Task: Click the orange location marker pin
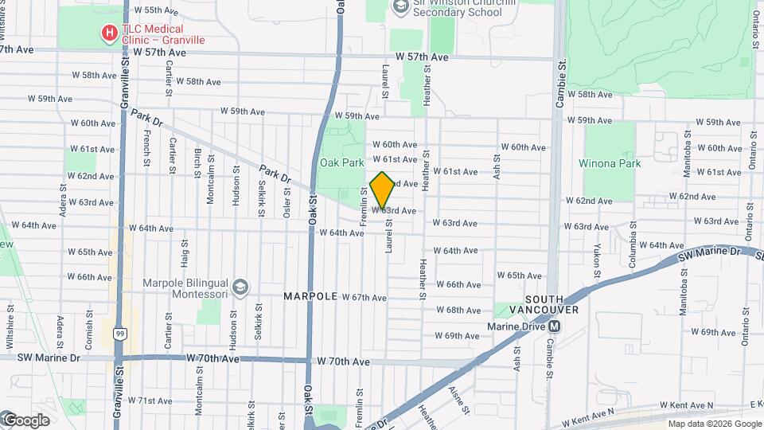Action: point(383,190)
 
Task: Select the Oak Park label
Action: point(341,162)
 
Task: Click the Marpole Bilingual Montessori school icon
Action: point(239,285)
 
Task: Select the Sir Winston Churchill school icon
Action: point(400,7)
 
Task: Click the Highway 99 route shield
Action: point(119,332)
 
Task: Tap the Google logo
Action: point(25,420)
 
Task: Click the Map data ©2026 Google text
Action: point(713,424)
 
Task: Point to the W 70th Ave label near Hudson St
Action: point(212,359)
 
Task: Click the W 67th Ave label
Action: point(364,297)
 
